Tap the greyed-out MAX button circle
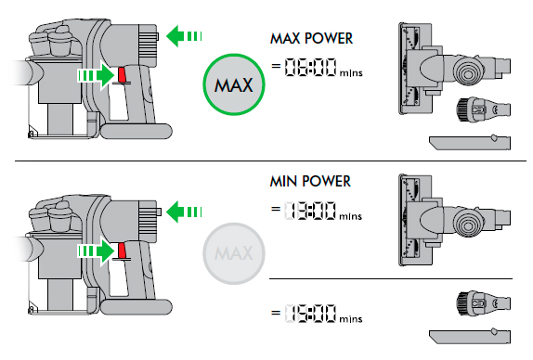point(234,251)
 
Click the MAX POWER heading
point(310,40)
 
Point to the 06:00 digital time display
point(310,67)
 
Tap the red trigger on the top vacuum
point(123,73)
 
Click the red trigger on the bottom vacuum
point(123,251)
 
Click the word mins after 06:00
point(353,71)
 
